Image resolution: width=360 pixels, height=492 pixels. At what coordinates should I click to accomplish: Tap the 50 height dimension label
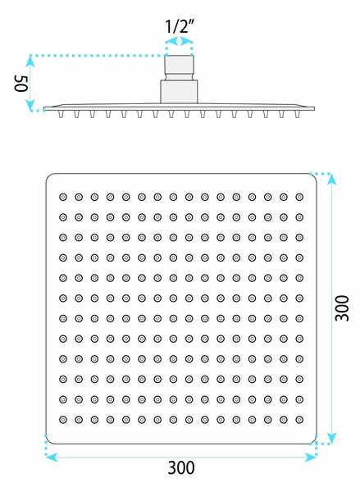[x=21, y=84]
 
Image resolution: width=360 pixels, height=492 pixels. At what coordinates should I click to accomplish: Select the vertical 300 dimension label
[x=342, y=308]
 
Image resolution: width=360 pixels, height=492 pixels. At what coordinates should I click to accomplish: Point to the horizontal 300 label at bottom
[x=181, y=468]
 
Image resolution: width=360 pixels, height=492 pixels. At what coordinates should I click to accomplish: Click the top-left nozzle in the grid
[x=63, y=197]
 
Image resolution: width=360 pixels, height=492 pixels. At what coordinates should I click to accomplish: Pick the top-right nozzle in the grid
[x=299, y=197]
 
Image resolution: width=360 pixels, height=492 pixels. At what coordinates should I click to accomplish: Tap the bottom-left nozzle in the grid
[x=63, y=420]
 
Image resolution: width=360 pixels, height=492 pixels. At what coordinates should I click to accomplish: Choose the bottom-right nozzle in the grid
[x=299, y=420]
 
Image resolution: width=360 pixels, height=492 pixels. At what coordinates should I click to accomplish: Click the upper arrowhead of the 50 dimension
[x=30, y=61]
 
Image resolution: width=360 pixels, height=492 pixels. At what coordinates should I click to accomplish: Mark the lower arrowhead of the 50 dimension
[x=30, y=105]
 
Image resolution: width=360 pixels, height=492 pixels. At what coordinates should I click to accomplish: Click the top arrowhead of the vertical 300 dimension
[x=332, y=180]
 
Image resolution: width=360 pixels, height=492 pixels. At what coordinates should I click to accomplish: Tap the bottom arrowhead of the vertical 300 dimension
[x=332, y=438]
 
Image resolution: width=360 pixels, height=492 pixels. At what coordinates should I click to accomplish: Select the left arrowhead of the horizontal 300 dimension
[x=52, y=458]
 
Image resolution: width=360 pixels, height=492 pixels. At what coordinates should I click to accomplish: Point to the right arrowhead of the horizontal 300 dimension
[x=311, y=458]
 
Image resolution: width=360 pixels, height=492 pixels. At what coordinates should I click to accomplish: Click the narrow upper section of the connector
[x=180, y=68]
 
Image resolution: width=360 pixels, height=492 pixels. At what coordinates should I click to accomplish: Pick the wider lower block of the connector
[x=179, y=92]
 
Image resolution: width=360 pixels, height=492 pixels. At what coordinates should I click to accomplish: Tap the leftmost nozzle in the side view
[x=61, y=114]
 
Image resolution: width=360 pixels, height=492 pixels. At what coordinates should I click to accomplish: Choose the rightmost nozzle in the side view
[x=297, y=114]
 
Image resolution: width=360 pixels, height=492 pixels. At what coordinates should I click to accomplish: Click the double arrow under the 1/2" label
[x=179, y=41]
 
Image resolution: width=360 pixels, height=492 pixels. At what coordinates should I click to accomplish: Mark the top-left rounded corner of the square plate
[x=48, y=176]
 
